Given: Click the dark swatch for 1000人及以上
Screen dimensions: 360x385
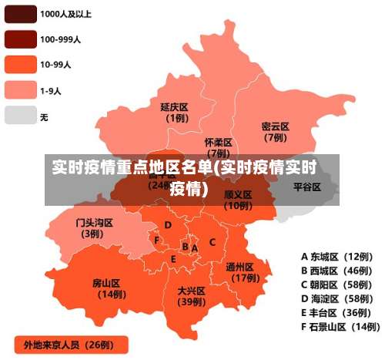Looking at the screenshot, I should point(19,13).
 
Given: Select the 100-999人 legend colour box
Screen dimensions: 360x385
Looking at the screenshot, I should point(19,38).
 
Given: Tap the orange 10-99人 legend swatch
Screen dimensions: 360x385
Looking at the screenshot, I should point(19,64).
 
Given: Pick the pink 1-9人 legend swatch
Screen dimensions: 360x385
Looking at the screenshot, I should point(19,90).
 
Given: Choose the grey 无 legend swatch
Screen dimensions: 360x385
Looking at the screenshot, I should point(19,116).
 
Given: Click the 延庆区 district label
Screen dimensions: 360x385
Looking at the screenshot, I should point(175,106).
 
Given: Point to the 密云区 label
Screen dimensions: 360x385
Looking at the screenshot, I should point(275,126).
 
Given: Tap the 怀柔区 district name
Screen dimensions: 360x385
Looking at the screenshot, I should point(218,143).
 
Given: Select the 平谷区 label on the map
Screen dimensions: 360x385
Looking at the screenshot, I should point(307,187).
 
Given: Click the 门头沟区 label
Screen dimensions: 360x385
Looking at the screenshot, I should point(94,223).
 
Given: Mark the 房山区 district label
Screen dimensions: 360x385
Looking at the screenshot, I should point(108,283).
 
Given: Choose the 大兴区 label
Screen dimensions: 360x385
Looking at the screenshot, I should point(190,291).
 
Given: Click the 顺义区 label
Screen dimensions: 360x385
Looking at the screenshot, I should point(238,195).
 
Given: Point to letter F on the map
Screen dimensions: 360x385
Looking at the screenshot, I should point(156,240).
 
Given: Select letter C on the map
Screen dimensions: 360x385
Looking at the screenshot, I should point(213,242).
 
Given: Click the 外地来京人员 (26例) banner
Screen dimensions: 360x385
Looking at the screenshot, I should point(69,344).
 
